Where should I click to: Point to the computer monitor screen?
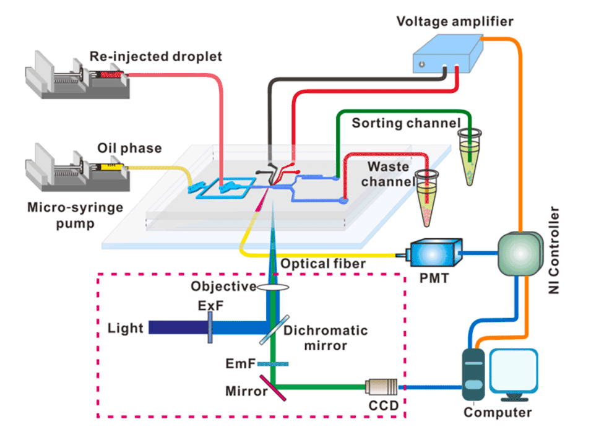512,372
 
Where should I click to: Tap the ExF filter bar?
210,326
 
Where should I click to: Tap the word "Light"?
126,327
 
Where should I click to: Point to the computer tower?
473,374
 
